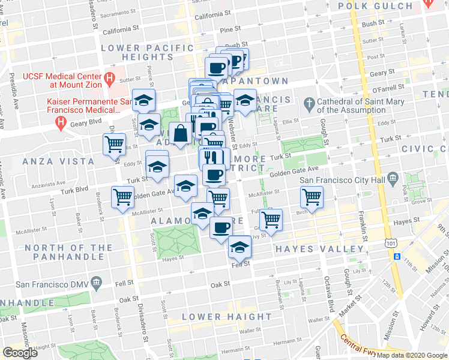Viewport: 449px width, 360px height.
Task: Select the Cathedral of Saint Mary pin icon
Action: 309,104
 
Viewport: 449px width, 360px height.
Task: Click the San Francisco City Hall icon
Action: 393,178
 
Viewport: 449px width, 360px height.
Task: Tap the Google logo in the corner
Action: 20,353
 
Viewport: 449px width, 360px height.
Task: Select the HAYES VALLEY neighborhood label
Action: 319,249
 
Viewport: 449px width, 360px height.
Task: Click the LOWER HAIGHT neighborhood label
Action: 227,316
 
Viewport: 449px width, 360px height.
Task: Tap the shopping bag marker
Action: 180,133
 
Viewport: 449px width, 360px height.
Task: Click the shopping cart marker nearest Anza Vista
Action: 114,144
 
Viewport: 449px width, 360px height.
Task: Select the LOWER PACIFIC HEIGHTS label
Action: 137,52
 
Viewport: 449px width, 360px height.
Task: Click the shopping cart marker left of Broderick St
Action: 122,197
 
